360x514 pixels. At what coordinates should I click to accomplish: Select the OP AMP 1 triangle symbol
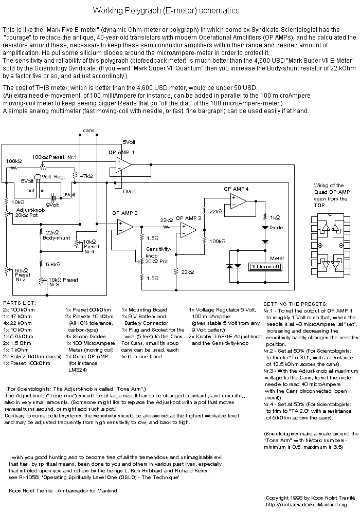123,164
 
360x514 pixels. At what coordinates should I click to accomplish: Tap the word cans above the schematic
88,131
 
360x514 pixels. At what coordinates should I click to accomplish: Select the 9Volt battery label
52,205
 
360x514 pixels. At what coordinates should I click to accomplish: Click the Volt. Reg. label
53,176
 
